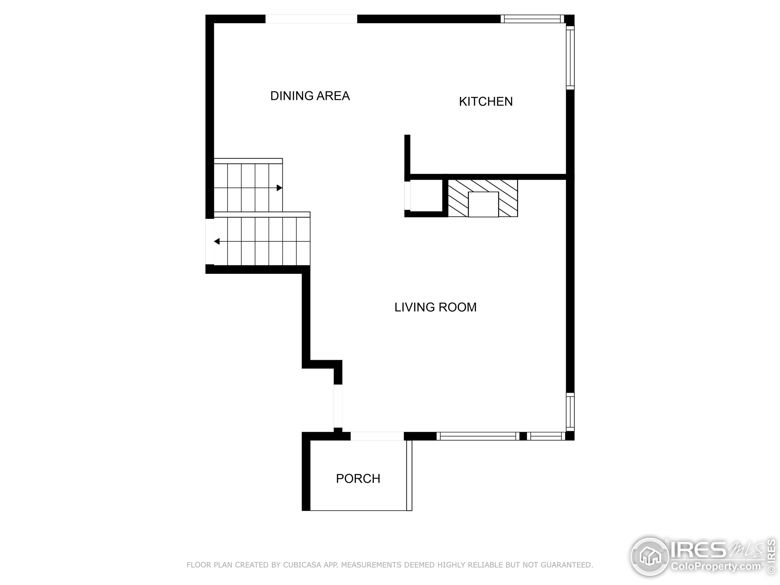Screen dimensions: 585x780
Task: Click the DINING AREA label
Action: pos(310,96)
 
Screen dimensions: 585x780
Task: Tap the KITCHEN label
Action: pos(486,101)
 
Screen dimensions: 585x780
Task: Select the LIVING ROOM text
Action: pos(435,307)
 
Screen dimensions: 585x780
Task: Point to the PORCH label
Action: pos(358,478)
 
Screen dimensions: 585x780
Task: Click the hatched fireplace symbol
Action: pos(482,198)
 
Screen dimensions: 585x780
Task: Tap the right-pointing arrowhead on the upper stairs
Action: pos(279,188)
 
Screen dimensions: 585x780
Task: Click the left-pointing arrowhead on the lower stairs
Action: pos(217,241)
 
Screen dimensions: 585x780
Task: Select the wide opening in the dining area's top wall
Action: pos(311,19)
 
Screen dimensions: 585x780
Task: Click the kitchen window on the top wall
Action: pos(532,19)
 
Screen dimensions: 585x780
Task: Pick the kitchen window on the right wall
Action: pos(570,58)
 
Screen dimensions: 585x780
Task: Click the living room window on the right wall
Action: pos(570,412)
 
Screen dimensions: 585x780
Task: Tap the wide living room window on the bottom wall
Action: pos(478,436)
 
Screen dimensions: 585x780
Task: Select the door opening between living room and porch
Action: pos(377,436)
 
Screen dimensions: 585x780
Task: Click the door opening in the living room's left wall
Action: pos(338,406)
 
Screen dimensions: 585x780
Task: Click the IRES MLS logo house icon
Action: pos(650,556)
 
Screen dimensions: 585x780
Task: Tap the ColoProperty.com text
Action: pos(715,566)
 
